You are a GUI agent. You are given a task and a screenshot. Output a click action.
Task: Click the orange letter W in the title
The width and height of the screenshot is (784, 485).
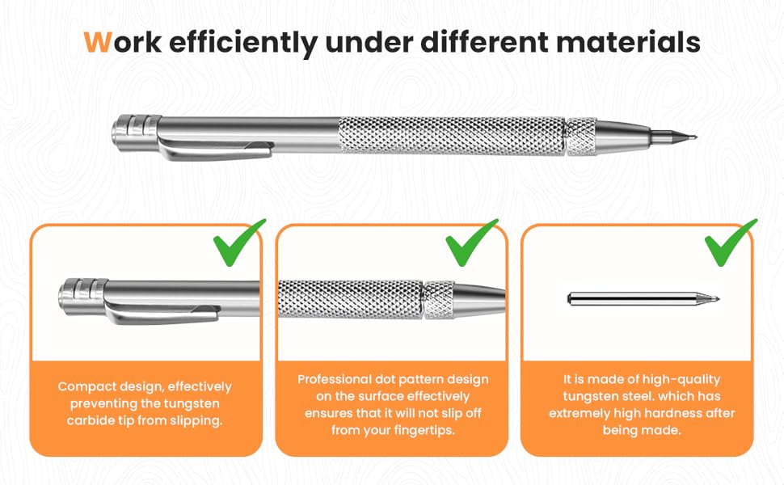pyautogui.click(x=97, y=42)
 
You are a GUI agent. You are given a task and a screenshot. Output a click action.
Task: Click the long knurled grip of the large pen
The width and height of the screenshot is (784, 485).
pyautogui.click(x=451, y=134)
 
